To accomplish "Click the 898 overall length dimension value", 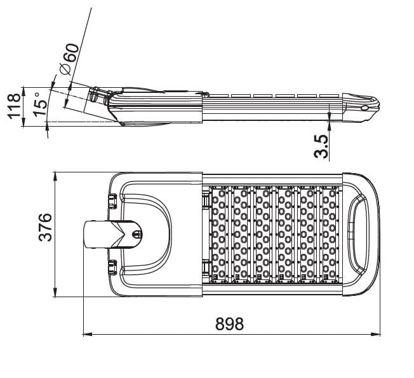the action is pos(229,324).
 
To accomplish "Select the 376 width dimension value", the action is pos(45,227).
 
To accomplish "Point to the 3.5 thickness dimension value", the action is pos(321,147).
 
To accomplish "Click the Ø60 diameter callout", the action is pos(70,59).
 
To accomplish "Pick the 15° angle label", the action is pos(40,104).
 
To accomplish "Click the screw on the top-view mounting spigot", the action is pos(137,234).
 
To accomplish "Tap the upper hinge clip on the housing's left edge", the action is pos(113,200).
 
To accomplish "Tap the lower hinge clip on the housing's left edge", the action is pos(113,267).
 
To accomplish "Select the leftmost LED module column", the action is pos(219,234).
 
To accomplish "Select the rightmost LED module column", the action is pos(330,234).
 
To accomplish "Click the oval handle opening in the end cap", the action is pos(359,234).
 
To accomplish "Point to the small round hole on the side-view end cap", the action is pos(364,108).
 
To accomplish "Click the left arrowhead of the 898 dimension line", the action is pos(87,334).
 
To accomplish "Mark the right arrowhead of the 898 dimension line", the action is pos(375,334).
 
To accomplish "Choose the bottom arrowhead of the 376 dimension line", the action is pos(55,292).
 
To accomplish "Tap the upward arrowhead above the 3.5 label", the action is pos(330,125).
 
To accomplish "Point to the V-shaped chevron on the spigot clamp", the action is pos(119,234).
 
